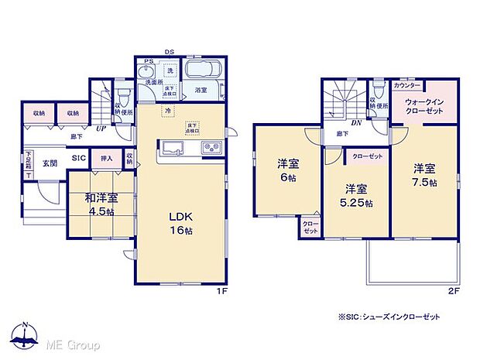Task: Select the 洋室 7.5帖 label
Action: coord(423,174)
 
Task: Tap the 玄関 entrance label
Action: coord(50,163)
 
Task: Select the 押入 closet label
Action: coord(106,159)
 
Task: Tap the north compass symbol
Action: coord(25,334)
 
